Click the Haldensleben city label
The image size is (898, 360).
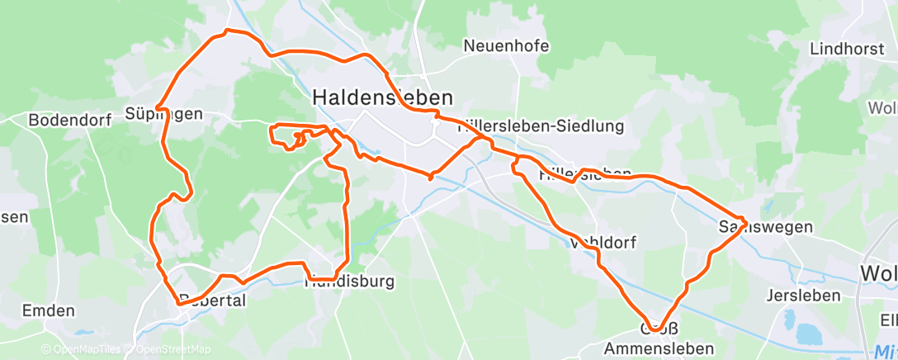coord(382,97)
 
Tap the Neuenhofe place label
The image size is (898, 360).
coord(507,45)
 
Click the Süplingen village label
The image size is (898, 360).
coord(165,113)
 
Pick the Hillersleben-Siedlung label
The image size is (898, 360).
coord(541,126)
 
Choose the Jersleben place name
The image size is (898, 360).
coord(803,295)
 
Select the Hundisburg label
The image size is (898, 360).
coord(349,282)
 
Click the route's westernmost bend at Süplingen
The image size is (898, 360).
coord(157,108)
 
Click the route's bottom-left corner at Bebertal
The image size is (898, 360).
coord(177,303)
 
